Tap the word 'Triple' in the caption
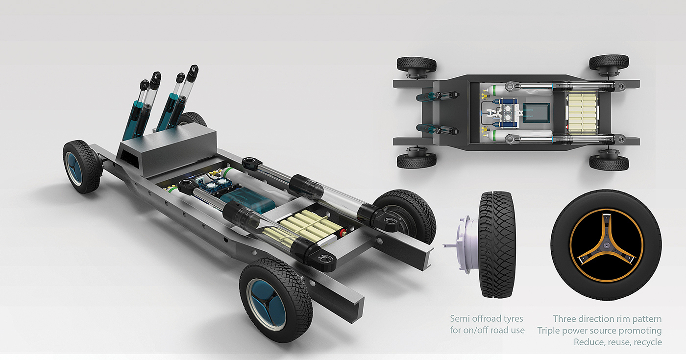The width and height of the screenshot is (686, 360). click(548, 331)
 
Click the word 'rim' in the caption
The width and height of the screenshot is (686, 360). click(617, 319)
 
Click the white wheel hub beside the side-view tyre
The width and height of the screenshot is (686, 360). click(463, 244)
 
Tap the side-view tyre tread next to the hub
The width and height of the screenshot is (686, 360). click(497, 244)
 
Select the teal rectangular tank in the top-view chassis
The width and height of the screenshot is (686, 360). click(536, 113)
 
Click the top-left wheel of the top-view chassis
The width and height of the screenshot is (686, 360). click(416, 64)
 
